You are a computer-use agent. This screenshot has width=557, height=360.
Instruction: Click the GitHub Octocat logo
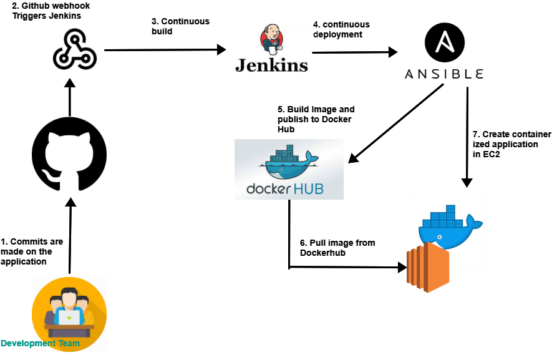tap(69, 152)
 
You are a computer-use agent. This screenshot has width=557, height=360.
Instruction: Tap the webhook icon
tap(74, 50)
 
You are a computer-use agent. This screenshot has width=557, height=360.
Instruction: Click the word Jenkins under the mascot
tap(271, 65)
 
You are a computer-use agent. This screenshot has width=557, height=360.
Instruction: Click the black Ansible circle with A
tap(445, 42)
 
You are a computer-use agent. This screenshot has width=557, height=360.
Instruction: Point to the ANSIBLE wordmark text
tap(443, 74)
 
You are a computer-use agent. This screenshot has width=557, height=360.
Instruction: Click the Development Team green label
tap(41, 344)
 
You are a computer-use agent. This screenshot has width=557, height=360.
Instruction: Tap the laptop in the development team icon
tap(69, 317)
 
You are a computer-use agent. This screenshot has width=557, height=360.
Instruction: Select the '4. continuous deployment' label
tap(341, 29)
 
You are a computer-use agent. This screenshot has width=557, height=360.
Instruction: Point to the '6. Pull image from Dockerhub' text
tap(337, 248)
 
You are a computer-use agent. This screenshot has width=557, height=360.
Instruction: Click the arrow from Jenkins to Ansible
tap(354, 53)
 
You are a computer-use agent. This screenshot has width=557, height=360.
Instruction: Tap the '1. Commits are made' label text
tap(32, 251)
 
